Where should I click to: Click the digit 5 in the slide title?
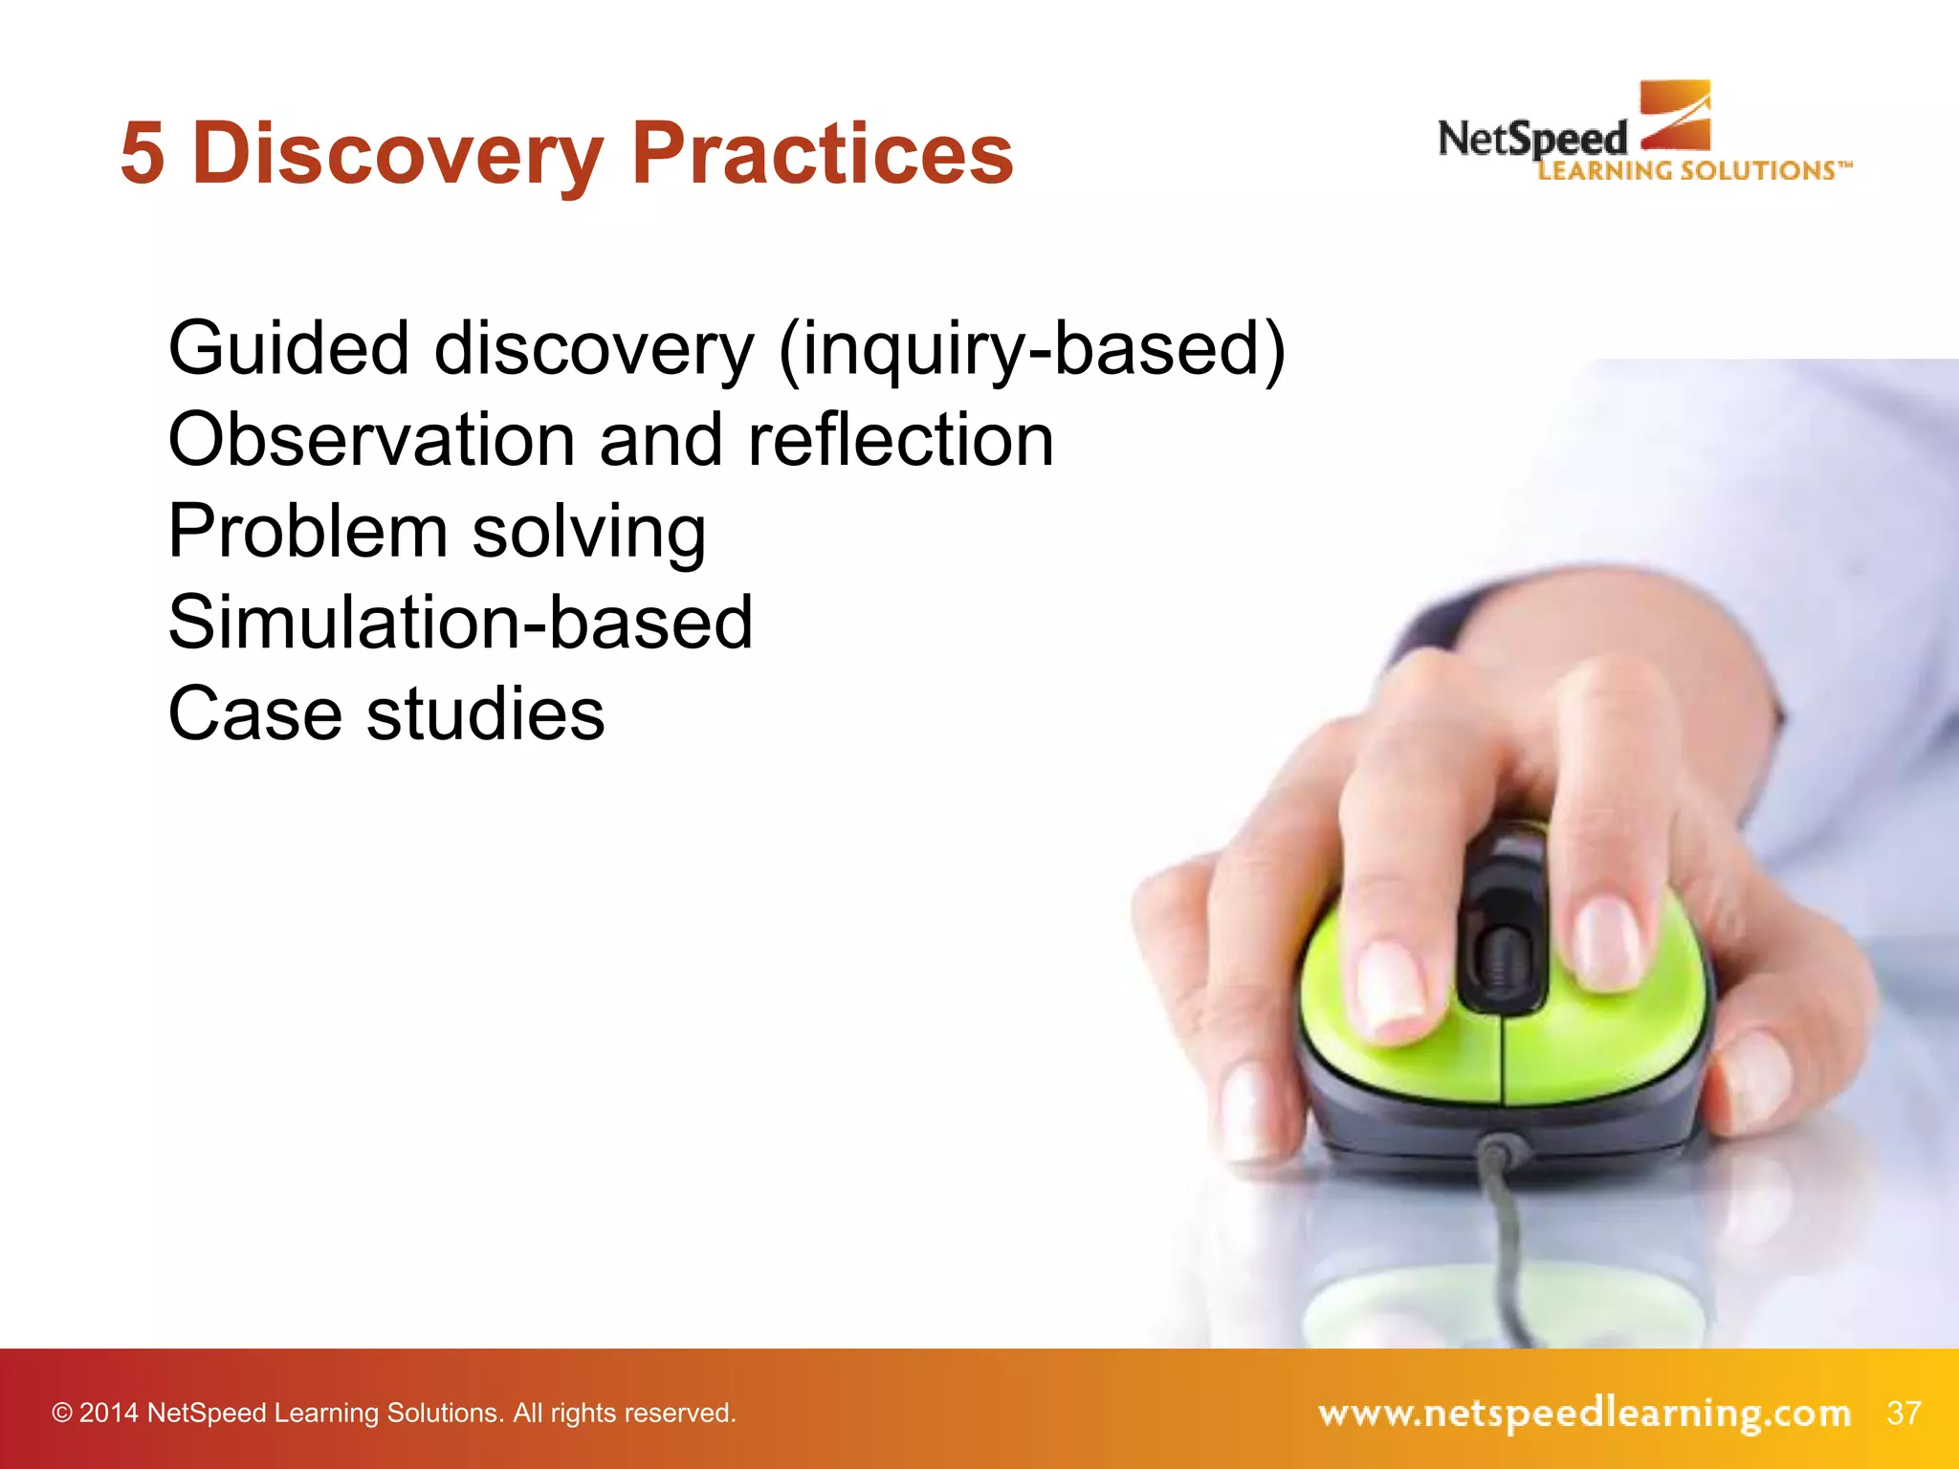(142, 154)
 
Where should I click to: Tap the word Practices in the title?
(823, 154)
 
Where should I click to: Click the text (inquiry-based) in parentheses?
(1033, 350)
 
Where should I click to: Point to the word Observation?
(371, 440)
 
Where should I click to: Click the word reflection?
(900, 440)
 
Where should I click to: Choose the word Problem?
(307, 532)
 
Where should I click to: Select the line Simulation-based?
(460, 623)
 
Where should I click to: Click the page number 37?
(1904, 1413)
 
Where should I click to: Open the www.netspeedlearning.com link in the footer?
(1583, 1413)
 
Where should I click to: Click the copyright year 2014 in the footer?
(108, 1414)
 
